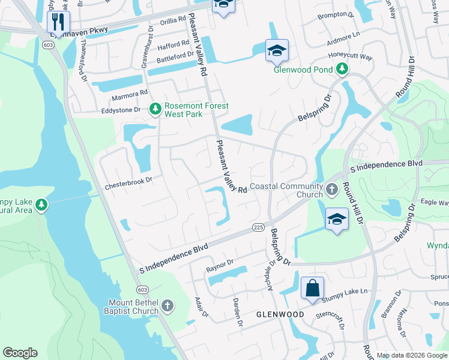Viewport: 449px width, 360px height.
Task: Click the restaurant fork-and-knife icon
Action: [58, 22]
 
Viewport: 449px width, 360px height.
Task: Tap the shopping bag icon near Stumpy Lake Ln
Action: [312, 288]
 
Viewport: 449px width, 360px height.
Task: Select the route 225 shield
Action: [259, 227]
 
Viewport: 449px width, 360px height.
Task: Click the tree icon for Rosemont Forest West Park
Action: [155, 109]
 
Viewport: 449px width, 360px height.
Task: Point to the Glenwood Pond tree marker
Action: [342, 70]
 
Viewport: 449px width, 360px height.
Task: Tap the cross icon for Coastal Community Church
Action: [332, 189]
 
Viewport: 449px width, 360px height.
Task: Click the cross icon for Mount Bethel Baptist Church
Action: [167, 306]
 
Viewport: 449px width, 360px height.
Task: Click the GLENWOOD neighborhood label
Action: [280, 314]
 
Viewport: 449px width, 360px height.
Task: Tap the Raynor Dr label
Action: [219, 263]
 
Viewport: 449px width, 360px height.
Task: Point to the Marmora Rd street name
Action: [128, 93]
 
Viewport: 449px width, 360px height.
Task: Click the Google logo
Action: [20, 353]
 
